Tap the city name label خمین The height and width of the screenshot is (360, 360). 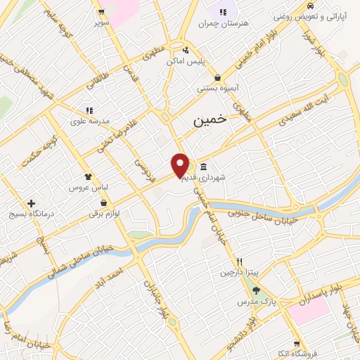[210, 121]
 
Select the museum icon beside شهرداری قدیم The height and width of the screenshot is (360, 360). [203, 167]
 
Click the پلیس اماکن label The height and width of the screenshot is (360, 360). [186, 61]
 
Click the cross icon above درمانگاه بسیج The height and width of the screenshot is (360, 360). [31, 203]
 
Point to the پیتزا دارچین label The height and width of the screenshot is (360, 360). [240, 271]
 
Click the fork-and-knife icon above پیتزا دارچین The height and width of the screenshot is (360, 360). [240, 261]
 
